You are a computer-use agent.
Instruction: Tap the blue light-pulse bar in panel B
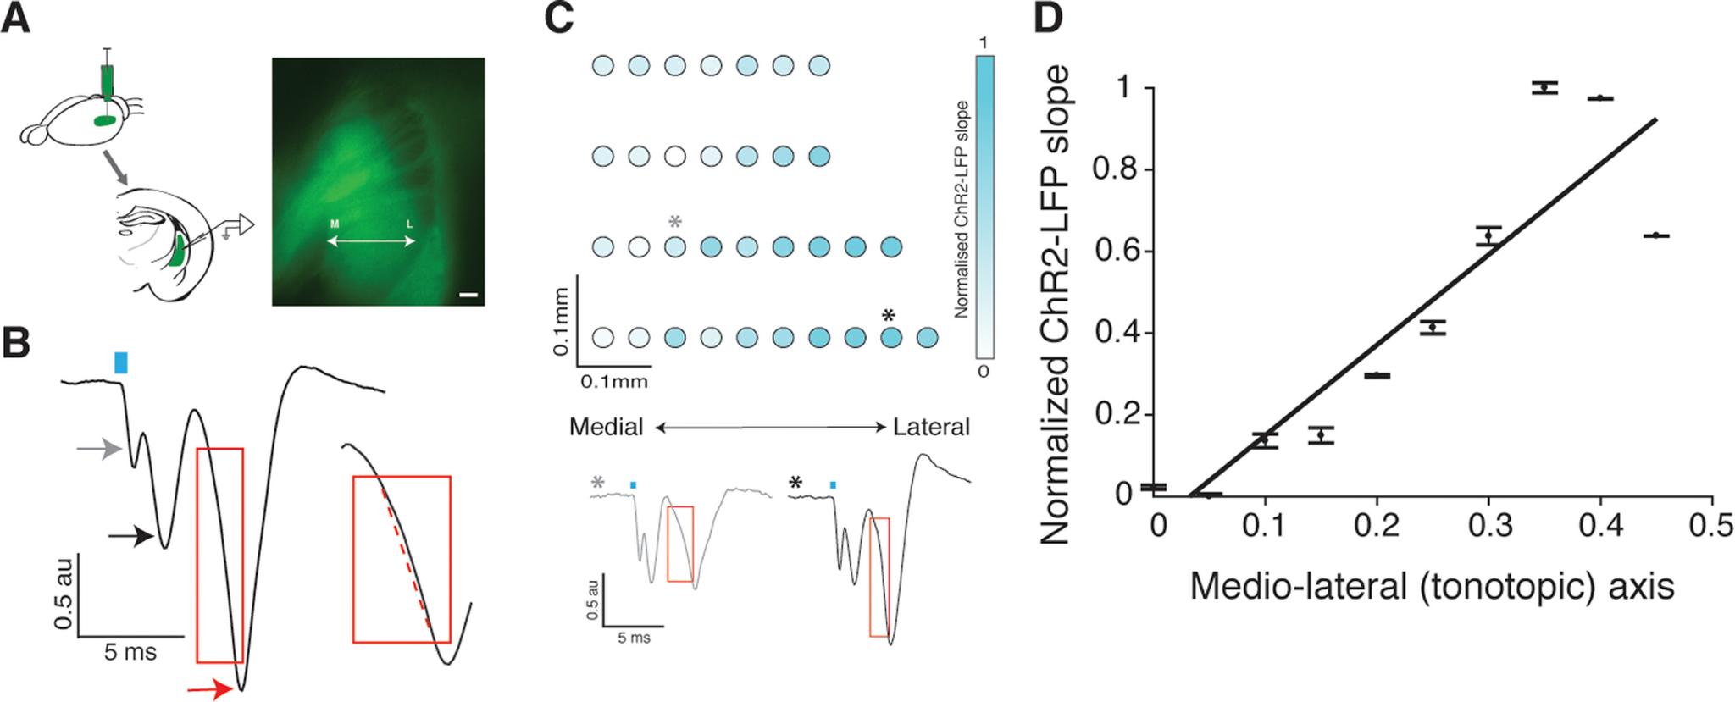point(121,362)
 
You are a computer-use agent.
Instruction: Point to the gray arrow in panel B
point(100,450)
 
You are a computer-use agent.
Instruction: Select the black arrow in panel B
point(130,535)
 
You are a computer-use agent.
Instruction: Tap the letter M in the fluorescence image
point(335,224)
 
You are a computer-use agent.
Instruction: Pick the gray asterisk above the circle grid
point(675,223)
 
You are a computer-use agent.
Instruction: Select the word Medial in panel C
point(607,427)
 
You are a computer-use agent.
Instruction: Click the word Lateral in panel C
point(931,427)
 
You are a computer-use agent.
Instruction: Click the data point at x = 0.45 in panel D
point(1655,235)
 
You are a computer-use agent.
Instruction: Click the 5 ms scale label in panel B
point(130,651)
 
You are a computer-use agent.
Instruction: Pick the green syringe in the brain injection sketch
point(107,82)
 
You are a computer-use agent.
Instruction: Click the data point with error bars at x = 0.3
point(1488,235)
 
